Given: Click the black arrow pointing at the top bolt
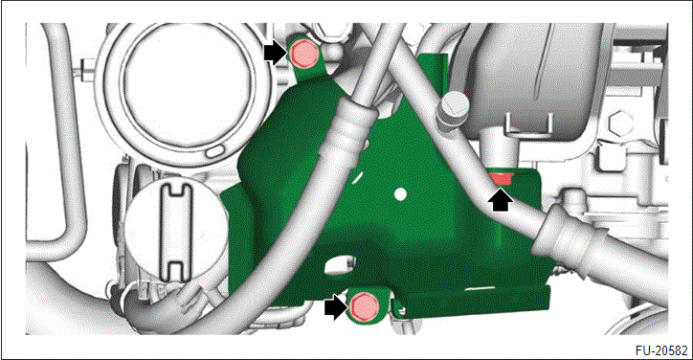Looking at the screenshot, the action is (x=275, y=53).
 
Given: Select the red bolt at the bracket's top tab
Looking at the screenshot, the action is (x=303, y=54).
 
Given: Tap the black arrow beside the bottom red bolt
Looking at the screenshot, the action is (x=335, y=307).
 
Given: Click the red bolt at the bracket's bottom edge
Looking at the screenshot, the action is (x=364, y=307).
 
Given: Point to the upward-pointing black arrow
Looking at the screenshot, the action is (x=501, y=200).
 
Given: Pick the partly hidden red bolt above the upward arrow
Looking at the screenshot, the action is (x=501, y=179).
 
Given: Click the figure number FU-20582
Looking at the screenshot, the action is (x=660, y=350).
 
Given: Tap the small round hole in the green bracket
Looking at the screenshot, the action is (x=400, y=193).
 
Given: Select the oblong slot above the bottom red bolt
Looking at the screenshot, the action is (x=341, y=264).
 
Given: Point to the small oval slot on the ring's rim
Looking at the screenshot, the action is (x=215, y=151).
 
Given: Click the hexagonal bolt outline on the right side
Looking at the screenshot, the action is (x=619, y=124).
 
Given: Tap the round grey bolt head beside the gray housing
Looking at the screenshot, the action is (x=452, y=105).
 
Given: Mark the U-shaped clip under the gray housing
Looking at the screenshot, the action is (x=528, y=123).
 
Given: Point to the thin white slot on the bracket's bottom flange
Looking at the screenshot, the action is (x=480, y=288).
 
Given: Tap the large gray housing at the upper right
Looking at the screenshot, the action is (x=530, y=76).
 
